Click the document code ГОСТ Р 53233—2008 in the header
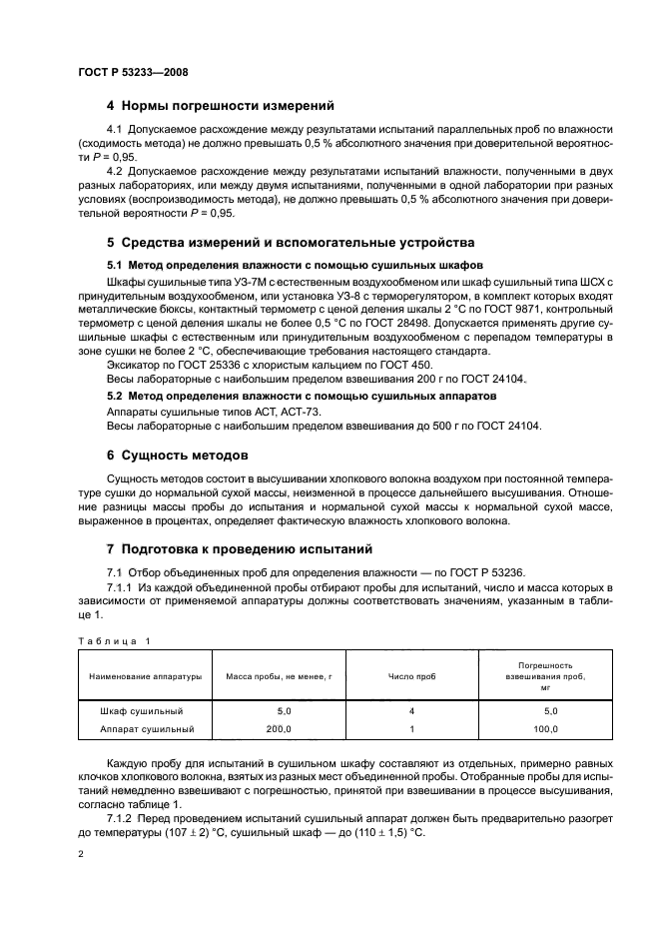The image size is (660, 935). (x=132, y=73)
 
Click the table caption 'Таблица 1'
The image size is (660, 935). (x=114, y=638)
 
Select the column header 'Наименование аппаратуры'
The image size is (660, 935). (x=145, y=676)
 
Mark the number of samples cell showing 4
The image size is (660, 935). (x=410, y=711)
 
